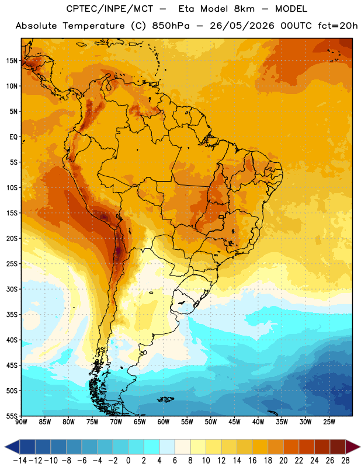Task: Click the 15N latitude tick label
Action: coord(12,61)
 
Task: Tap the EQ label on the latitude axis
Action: coord(13,137)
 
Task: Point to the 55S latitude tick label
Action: coord(12,416)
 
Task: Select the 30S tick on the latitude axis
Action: coord(12,289)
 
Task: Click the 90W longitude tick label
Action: coord(21,422)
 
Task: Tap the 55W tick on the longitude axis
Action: coord(187,422)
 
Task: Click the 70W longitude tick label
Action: coord(116,422)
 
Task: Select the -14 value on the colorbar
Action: coord(20,461)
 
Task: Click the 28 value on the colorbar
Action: coord(345,461)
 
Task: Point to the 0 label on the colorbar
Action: coord(129,461)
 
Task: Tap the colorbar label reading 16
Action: coord(252,461)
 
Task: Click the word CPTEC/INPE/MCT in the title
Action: coord(109,9)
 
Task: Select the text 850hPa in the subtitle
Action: coord(171,26)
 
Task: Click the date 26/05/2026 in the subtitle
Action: coord(242,26)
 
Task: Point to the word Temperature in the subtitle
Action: coord(93,26)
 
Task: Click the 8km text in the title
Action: coord(244,9)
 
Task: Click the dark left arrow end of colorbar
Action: coord(12,447)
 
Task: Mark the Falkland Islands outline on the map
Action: coord(165,399)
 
